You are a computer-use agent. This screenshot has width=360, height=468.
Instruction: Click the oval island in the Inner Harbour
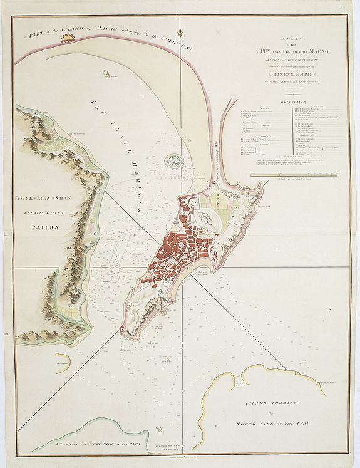pyautogui.click(x=175, y=162)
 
